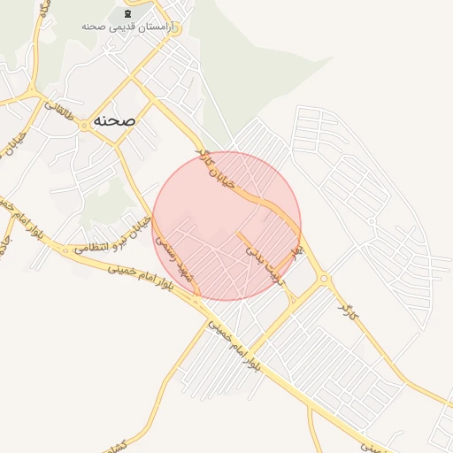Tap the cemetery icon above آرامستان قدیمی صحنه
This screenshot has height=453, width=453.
pyautogui.click(x=129, y=14)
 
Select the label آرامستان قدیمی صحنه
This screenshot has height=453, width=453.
pyautogui.click(x=129, y=27)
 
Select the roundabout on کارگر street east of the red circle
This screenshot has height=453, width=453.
pyautogui.click(x=324, y=279)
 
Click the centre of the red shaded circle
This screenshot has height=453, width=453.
pyautogui.click(x=226, y=226)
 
